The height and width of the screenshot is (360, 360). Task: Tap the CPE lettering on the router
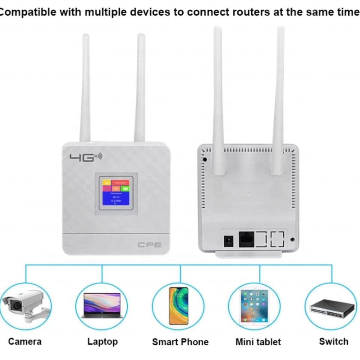tap(150, 245)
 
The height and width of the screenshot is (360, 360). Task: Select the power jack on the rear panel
tap(228, 240)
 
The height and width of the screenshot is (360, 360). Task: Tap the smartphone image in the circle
tap(178, 306)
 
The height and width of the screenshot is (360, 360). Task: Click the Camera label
tap(25, 341)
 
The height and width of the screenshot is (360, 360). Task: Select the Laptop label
tap(102, 342)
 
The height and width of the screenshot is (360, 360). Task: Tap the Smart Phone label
tap(180, 342)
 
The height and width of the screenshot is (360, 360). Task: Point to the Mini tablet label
tap(258, 342)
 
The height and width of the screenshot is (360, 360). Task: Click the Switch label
tap(334, 341)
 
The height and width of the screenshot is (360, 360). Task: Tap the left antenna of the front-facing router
tap(85, 88)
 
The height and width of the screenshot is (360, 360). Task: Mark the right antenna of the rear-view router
tap(278, 101)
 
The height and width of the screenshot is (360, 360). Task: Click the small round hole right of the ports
tap(292, 239)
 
